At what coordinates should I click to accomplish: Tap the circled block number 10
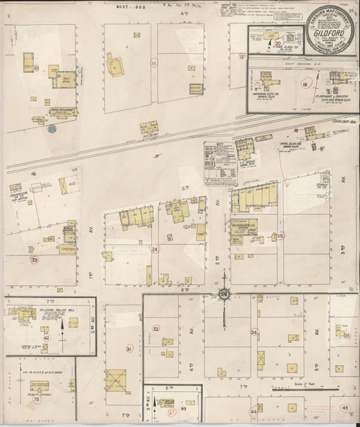[36, 68]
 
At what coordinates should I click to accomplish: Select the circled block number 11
[154, 64]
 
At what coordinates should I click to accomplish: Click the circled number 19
[305, 84]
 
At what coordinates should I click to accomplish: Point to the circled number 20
[278, 43]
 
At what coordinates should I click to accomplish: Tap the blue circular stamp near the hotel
[51, 128]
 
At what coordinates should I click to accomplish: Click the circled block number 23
[35, 259]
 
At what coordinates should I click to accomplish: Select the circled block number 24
[155, 249]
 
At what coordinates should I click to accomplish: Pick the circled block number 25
[280, 236]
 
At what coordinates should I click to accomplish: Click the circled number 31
[129, 349]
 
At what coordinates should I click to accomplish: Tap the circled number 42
[46, 338]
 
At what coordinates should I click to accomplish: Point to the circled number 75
[36, 399]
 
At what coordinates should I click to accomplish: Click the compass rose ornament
[224, 294]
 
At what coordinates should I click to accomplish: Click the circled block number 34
[254, 332]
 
